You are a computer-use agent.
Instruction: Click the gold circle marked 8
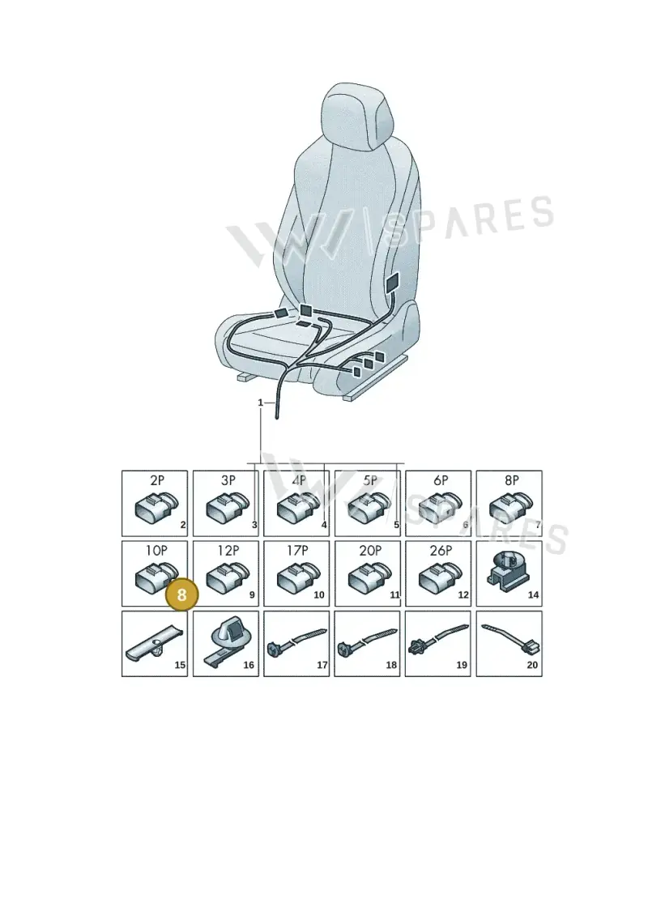coord(181,594)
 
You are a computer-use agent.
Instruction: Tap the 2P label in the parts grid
coord(157,480)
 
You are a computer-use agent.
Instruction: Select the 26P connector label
coord(441,550)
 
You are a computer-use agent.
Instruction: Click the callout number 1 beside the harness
coord(261,403)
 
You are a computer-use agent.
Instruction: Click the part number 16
coord(249,665)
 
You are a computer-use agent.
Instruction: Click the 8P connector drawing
coord(511,506)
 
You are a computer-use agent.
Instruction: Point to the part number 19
coord(462,665)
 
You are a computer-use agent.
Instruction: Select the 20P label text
coord(370,550)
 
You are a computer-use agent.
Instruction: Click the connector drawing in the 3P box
coord(228,506)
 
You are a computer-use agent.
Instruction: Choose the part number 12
coord(463,594)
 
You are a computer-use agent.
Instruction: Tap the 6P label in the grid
coord(441,480)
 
